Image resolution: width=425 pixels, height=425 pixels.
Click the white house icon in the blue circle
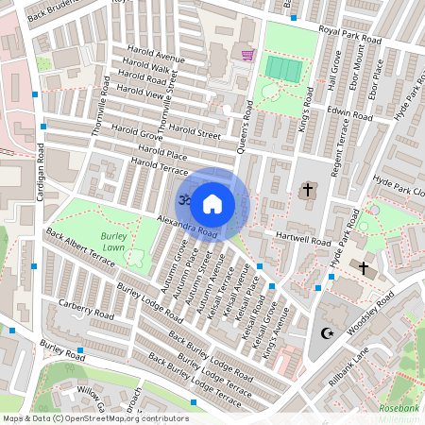click(212, 203)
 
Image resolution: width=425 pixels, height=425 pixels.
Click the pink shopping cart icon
click(248, 55)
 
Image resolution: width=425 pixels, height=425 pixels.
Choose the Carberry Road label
click(86, 309)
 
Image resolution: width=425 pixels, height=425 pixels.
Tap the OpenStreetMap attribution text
click(94, 417)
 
